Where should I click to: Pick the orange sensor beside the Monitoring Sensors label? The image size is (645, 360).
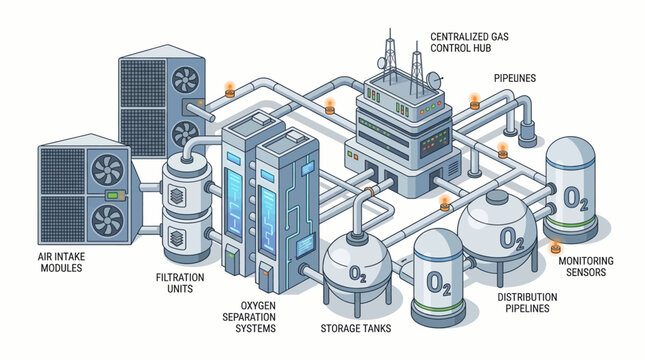pos(557,246)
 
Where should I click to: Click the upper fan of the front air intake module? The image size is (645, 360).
pos(109,171)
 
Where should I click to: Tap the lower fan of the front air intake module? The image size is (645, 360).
pos(108,219)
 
